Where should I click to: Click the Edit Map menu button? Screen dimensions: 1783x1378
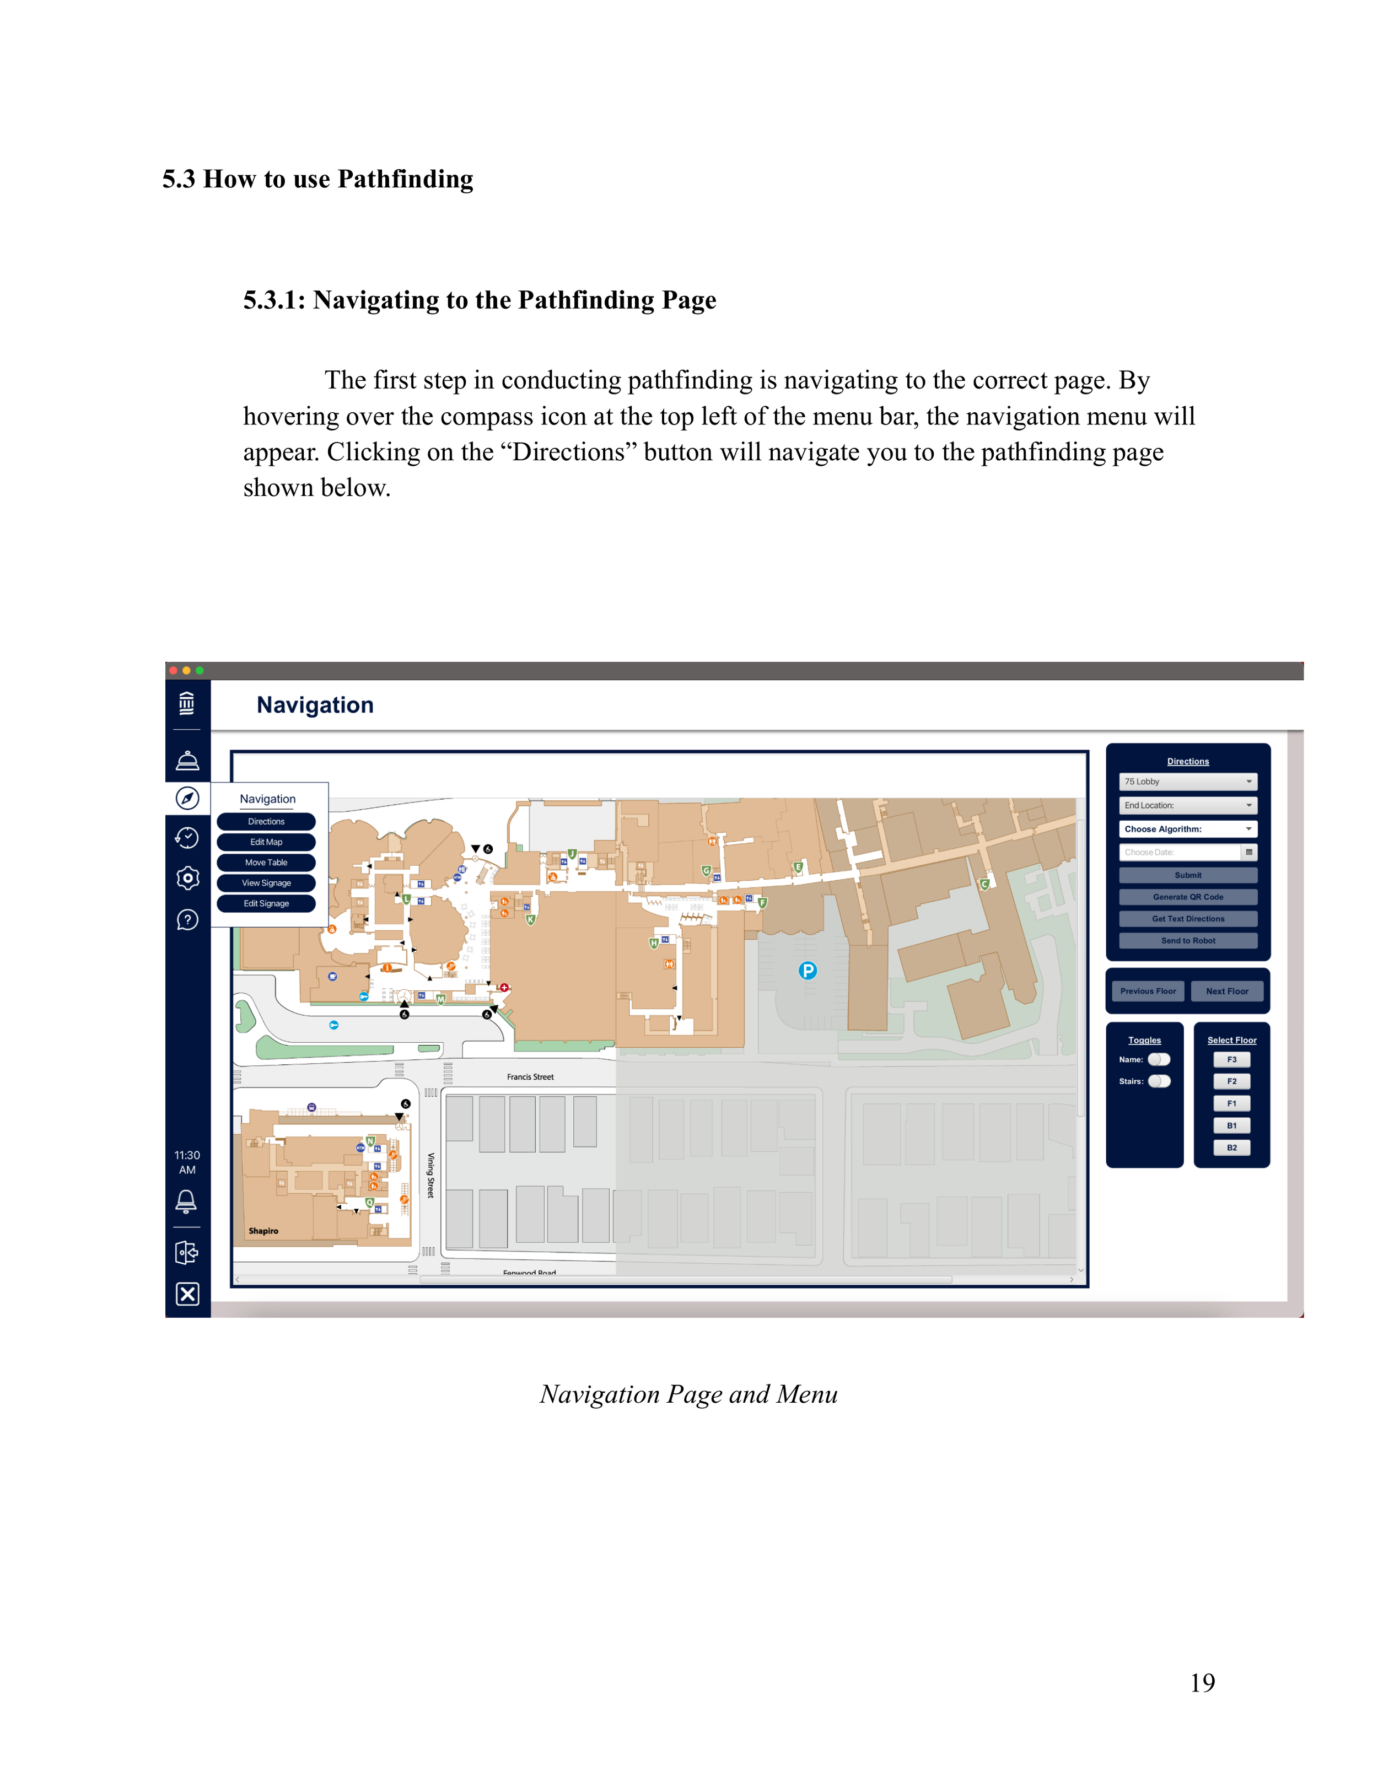pyautogui.click(x=266, y=842)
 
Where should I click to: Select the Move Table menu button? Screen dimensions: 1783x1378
pyautogui.click(x=266, y=862)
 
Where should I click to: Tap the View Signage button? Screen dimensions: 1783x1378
pyautogui.click(x=266, y=882)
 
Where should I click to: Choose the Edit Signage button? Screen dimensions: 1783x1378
pyautogui.click(x=266, y=903)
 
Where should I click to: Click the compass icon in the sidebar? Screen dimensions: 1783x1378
pyautogui.click(x=188, y=798)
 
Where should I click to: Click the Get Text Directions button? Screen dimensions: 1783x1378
pyautogui.click(x=1188, y=918)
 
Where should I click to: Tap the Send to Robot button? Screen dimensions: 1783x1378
pyautogui.click(x=1188, y=940)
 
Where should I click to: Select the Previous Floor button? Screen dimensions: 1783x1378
pyautogui.click(x=1148, y=991)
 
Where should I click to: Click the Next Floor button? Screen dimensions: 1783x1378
pyautogui.click(x=1227, y=991)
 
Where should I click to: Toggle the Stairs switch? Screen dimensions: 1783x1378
pyautogui.click(x=1159, y=1081)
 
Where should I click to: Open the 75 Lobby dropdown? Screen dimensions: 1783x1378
pyautogui.click(x=1188, y=782)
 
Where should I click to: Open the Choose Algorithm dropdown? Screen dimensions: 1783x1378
pyautogui.click(x=1188, y=828)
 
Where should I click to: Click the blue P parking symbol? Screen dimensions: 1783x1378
pyautogui.click(x=808, y=970)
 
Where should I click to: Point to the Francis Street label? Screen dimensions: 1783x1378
pyautogui.click(x=531, y=1077)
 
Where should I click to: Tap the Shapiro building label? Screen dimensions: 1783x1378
pyautogui.click(x=263, y=1230)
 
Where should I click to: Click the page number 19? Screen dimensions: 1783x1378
pyautogui.click(x=1202, y=1683)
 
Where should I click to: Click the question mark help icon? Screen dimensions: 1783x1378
pyautogui.click(x=188, y=920)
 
